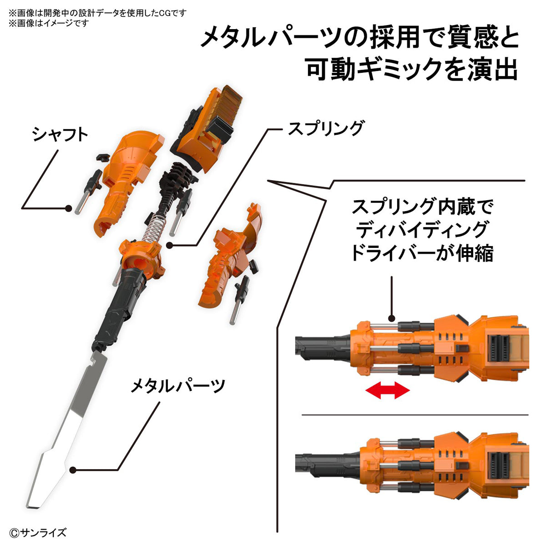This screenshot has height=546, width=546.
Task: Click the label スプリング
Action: pyautogui.click(x=326, y=128)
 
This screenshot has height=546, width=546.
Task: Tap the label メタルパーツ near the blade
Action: pyautogui.click(x=177, y=386)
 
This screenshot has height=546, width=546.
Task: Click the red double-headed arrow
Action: pyautogui.click(x=388, y=390)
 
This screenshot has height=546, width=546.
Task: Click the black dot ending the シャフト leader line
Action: pyautogui.click(x=68, y=208)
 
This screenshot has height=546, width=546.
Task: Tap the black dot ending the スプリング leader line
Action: pyautogui.click(x=170, y=246)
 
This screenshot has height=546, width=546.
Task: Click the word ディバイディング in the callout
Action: pyautogui.click(x=422, y=230)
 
